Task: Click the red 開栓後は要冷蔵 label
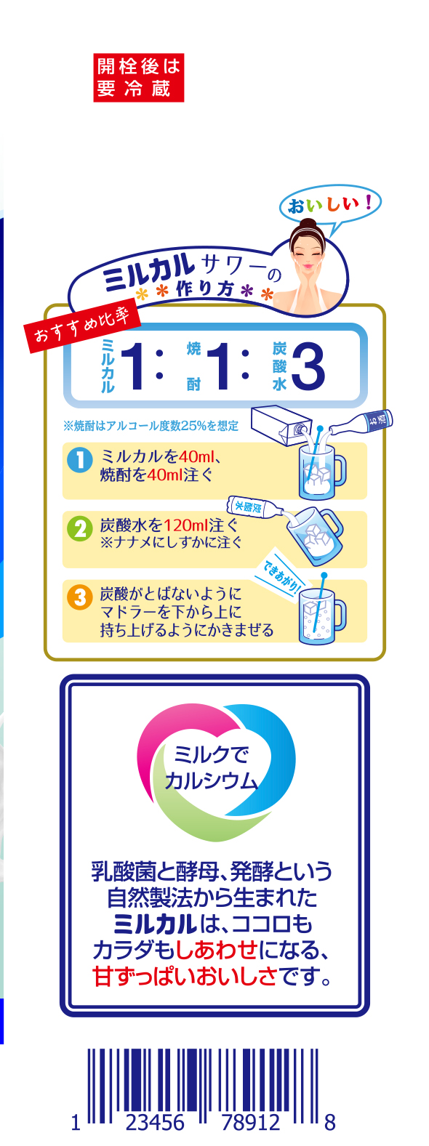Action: coord(138,77)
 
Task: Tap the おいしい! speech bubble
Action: coord(331,205)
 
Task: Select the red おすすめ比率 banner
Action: coord(83,326)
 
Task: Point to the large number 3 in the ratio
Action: coord(308,366)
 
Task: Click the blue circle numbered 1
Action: coord(80,460)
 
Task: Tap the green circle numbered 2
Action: coord(80,528)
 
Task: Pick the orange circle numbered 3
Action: coord(80,597)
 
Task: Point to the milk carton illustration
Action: coord(281,424)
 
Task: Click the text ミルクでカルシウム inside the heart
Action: coord(211,768)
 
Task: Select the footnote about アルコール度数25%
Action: coord(151,426)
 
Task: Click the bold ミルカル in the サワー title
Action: coord(149,271)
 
